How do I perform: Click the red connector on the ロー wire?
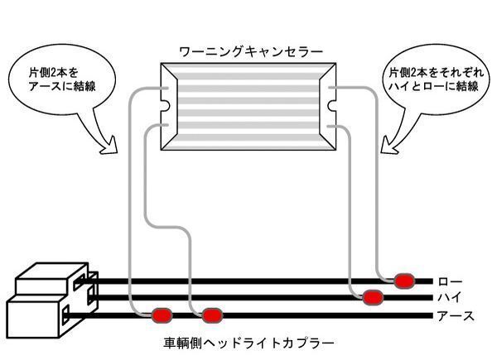(403, 281)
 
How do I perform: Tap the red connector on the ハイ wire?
(372, 296)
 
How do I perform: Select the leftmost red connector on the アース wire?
(161, 315)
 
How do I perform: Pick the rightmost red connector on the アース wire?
(213, 315)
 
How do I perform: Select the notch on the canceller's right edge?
(333, 106)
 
